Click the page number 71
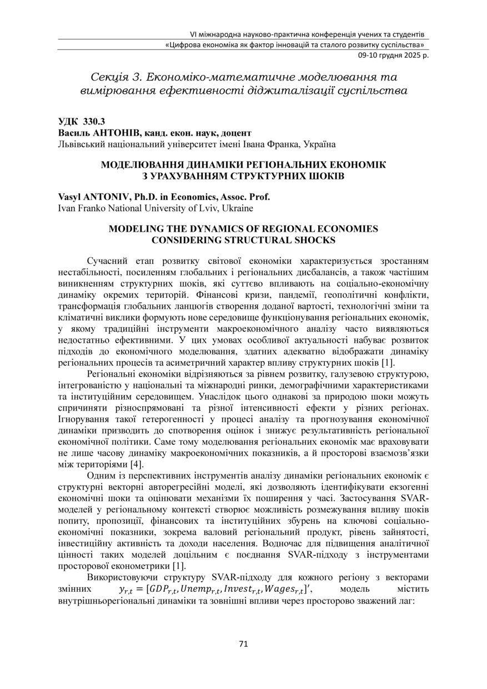click(243, 644)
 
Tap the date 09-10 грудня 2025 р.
click(390, 55)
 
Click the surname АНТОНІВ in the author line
click(113, 133)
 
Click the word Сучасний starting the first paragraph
click(110, 260)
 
